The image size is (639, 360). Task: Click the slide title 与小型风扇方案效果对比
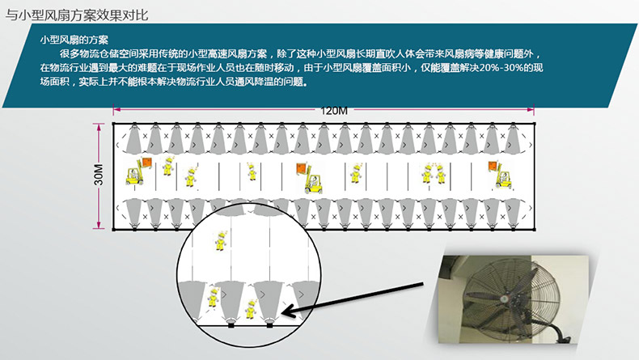(77, 15)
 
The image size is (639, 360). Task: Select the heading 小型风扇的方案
(74, 40)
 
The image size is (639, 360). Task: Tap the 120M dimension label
(334, 111)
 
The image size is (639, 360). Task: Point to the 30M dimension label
(99, 175)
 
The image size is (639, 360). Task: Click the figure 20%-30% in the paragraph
(501, 68)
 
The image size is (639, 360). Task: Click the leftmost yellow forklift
(135, 173)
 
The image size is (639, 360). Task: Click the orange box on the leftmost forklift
(146, 163)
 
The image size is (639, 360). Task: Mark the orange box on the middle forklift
(302, 167)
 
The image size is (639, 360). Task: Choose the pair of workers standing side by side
(434, 174)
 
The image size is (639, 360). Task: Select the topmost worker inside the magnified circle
(221, 241)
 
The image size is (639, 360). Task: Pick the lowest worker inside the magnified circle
(251, 309)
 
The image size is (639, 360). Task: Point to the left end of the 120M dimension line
(114, 109)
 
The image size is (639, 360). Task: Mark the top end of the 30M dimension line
(99, 125)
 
